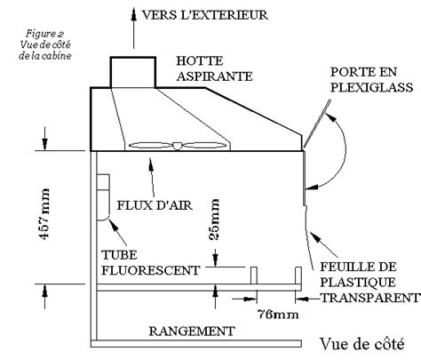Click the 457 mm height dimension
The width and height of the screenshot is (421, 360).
44,213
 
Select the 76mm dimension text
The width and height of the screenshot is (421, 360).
278,314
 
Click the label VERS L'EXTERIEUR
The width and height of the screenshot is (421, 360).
205,15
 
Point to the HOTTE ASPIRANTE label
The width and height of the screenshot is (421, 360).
214,68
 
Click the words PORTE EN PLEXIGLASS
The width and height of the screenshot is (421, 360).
371,80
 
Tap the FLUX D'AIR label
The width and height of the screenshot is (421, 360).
155,205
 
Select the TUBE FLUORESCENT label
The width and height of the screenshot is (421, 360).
151,262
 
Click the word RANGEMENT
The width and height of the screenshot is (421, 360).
192,331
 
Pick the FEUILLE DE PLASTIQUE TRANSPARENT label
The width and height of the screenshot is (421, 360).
369,283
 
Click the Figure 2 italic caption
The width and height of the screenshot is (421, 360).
45,44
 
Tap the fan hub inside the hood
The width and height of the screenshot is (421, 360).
178,146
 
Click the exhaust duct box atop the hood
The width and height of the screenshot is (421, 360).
133,72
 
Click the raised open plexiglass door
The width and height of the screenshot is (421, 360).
316,124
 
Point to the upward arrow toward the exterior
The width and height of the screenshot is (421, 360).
134,28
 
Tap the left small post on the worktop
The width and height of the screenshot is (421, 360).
254,276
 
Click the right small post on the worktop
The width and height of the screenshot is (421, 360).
298,276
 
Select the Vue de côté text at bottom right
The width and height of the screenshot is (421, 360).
362,344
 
